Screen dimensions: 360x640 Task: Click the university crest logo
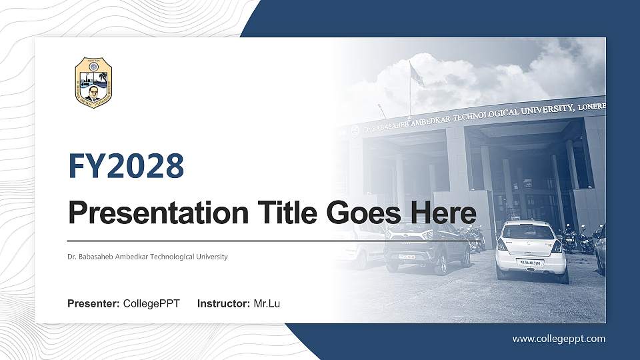click(93, 83)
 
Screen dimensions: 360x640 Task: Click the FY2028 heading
click(126, 166)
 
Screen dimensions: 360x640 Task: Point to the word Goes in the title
click(361, 213)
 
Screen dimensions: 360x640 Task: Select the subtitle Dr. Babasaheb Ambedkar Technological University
click(147, 257)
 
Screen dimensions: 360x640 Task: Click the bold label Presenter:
click(93, 304)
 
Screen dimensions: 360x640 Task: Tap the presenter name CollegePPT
click(151, 304)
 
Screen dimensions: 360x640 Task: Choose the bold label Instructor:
click(224, 304)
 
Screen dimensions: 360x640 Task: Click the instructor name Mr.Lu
click(267, 304)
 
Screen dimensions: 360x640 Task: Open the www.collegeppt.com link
click(559, 339)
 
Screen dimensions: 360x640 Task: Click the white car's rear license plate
click(531, 263)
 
